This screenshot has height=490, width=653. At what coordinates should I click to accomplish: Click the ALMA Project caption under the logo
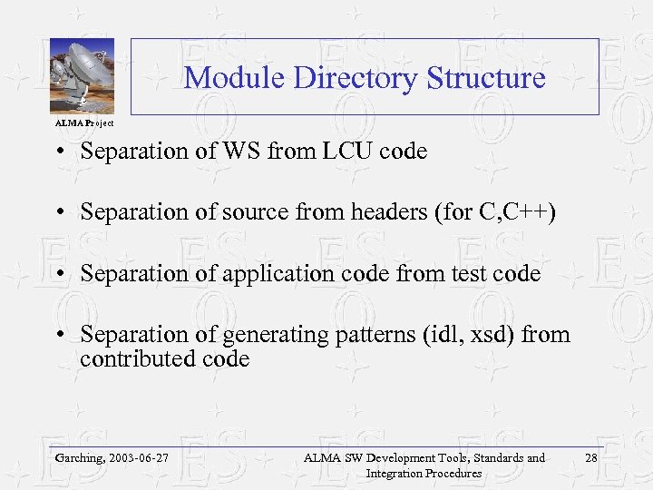click(84, 122)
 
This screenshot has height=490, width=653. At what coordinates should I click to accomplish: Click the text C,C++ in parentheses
click(520, 212)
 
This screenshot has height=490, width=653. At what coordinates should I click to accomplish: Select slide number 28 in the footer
click(591, 458)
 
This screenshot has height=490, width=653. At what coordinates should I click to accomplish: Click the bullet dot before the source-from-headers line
click(58, 213)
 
